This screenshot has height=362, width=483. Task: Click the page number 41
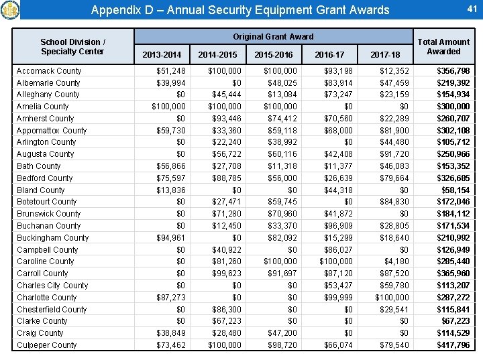(x=471, y=8)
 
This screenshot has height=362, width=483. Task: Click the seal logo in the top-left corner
(x=10, y=9)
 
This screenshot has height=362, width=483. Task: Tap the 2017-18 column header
(x=385, y=54)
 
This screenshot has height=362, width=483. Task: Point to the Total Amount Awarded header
(x=443, y=46)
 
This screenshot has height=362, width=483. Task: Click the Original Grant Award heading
(x=273, y=36)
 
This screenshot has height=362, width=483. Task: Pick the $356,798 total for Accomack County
(x=453, y=71)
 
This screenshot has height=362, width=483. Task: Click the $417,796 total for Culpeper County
(x=453, y=345)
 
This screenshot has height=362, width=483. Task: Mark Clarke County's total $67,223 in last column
(x=455, y=321)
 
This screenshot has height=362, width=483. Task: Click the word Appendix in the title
(x=113, y=10)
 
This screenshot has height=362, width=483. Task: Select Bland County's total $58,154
(x=455, y=190)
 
